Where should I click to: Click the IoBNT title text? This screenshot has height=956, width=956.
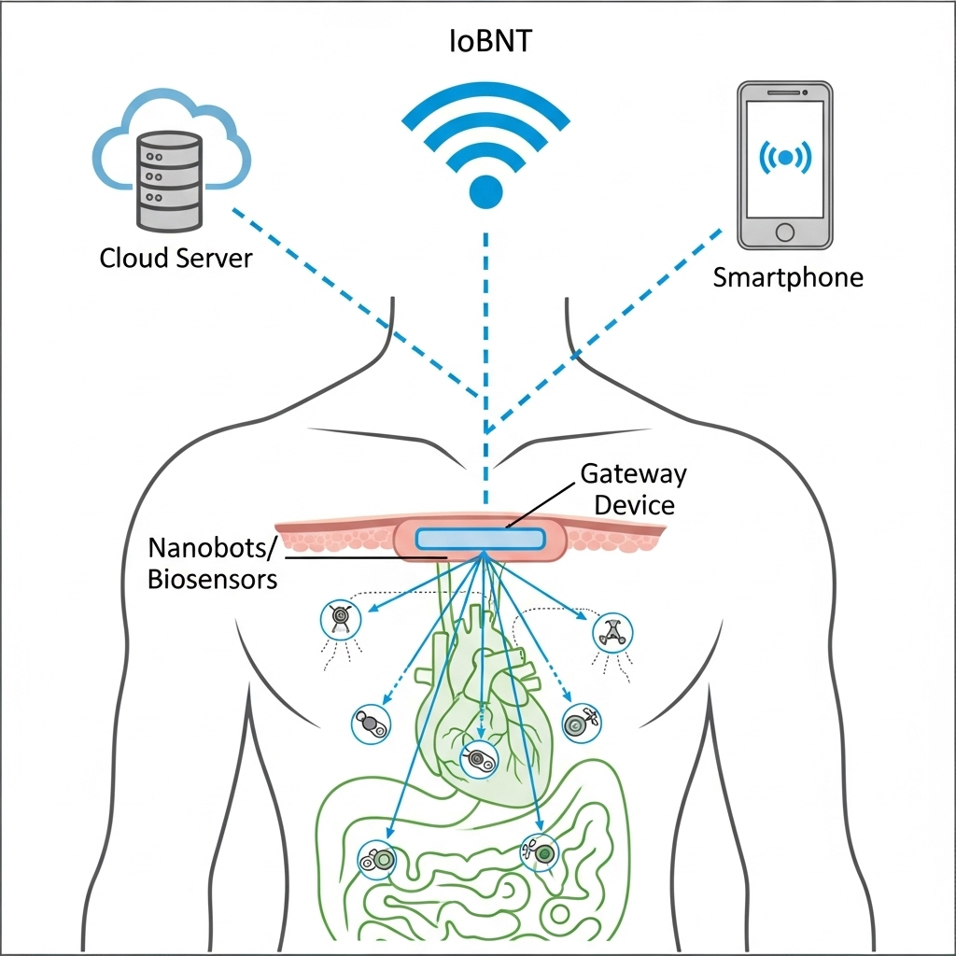(485, 42)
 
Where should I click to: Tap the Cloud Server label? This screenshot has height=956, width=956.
(176, 258)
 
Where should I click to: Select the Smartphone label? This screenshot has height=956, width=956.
(787, 277)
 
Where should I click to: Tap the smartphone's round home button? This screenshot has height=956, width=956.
(784, 231)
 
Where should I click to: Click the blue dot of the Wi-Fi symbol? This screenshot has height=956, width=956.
(485, 190)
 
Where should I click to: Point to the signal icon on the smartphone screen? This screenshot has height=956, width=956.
(784, 158)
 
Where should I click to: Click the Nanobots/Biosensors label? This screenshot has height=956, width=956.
(213, 562)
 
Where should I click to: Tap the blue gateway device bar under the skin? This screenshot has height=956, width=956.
(480, 539)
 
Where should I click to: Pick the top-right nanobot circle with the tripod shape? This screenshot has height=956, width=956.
(613, 632)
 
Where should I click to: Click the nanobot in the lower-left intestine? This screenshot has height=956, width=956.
(377, 858)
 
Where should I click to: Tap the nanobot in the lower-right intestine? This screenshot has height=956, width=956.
(539, 851)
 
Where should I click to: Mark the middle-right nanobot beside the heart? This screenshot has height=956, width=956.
(580, 722)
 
